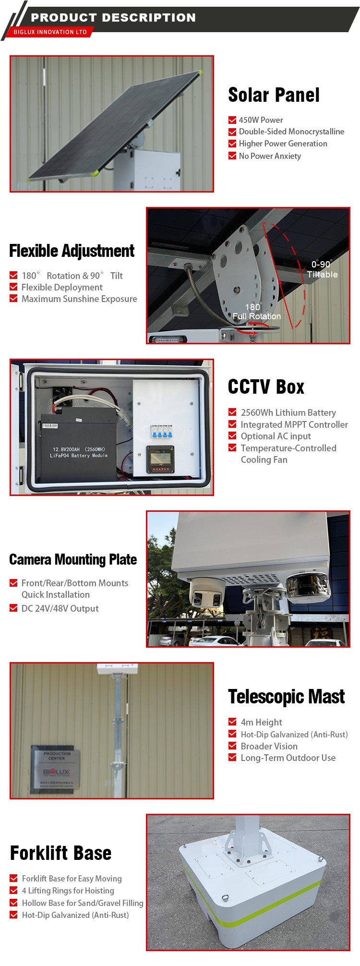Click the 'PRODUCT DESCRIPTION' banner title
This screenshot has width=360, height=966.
[x=113, y=18]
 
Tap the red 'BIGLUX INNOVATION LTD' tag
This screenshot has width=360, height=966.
[x=50, y=32]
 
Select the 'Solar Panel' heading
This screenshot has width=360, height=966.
[x=274, y=95]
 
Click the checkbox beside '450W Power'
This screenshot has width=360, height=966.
[x=232, y=120]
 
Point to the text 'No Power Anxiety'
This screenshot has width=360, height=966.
[x=270, y=156]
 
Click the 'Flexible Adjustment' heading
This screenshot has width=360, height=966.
[x=72, y=251]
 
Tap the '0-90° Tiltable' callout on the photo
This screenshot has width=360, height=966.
[x=322, y=269]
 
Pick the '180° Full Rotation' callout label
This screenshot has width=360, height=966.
[x=257, y=312]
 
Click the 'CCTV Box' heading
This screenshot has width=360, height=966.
[x=266, y=387]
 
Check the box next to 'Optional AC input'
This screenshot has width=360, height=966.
[x=232, y=436]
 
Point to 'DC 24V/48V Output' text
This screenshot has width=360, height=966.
[x=60, y=609]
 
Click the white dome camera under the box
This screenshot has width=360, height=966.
[x=207, y=594]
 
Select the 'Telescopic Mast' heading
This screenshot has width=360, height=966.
[x=287, y=697]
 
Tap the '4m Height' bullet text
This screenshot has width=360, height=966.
[x=262, y=723]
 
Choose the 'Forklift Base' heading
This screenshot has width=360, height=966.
[x=61, y=853]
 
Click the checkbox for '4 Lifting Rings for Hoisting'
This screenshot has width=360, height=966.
[x=13, y=891]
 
